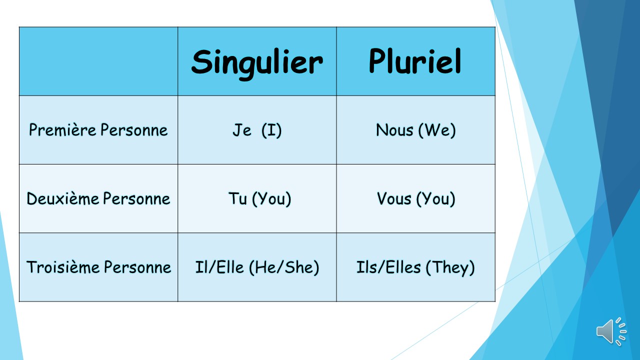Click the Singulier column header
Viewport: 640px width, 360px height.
tap(257, 62)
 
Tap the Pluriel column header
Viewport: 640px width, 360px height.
tap(415, 62)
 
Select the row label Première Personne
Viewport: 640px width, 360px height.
tap(98, 130)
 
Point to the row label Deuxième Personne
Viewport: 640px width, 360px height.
tap(98, 199)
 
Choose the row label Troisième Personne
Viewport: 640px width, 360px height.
tap(98, 267)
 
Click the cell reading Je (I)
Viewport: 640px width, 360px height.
tap(257, 130)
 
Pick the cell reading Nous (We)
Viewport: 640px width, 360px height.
tap(415, 130)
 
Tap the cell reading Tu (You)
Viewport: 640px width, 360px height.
tap(259, 199)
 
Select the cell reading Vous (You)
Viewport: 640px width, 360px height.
tap(415, 199)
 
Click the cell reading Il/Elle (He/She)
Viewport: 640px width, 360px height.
tap(257, 267)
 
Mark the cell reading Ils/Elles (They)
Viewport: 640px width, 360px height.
tap(415, 267)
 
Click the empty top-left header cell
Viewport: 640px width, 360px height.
tap(98, 61)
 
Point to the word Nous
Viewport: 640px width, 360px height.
tap(394, 130)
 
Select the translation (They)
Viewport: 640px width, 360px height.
tap(450, 267)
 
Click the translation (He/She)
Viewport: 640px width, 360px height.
tap(284, 267)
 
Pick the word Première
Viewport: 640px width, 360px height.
tap(62, 130)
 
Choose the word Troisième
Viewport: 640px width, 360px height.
tap(63, 267)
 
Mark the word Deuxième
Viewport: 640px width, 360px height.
tap(63, 199)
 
